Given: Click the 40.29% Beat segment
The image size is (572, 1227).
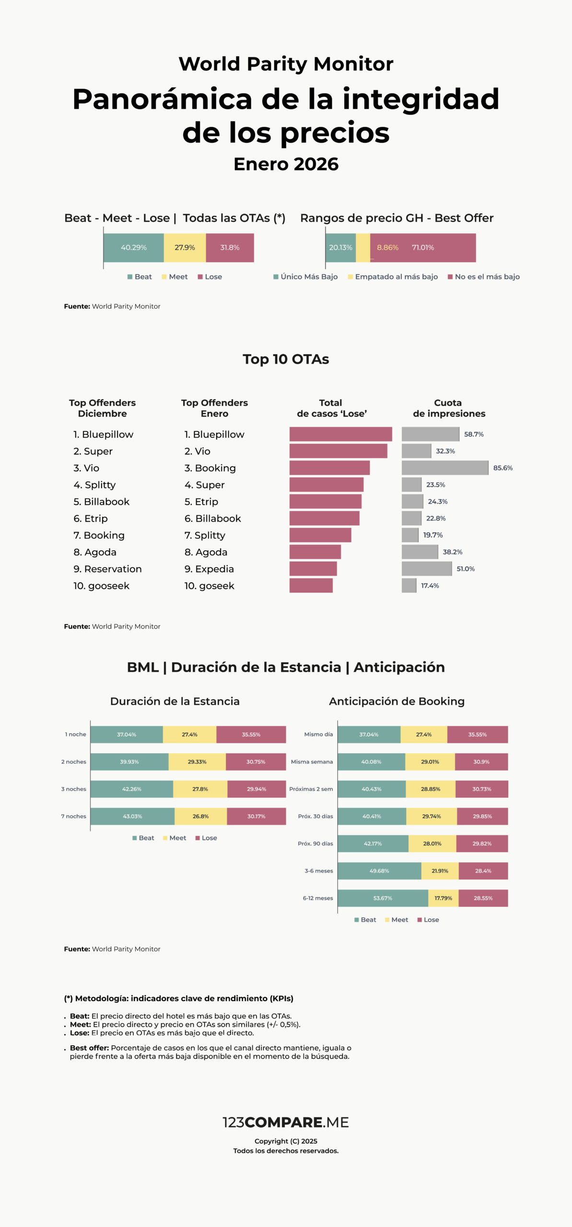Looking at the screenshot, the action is pos(134,248).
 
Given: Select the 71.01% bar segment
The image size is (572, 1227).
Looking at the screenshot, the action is pos(423,248).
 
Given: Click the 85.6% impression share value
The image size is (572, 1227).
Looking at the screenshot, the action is pos(503,468).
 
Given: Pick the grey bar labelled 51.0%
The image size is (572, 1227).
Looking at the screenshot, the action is pos(427,569).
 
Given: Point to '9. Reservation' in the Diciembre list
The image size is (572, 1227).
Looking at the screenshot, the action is pos(107,569).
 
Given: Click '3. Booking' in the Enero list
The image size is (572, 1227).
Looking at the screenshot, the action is pos(210,468).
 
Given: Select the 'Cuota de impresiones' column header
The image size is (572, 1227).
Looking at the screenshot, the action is pos(449,408).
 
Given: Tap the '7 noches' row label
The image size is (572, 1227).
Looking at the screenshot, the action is pos(73,816).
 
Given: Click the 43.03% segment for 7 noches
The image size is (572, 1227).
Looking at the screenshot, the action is pos(132,816).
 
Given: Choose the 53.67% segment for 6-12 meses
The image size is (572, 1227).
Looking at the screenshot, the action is pos(383,898).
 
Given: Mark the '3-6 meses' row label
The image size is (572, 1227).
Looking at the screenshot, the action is pos(319,871).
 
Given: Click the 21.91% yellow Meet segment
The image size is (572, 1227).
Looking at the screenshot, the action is pos(440,871).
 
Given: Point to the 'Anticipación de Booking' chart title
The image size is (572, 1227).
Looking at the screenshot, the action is pos(397,701).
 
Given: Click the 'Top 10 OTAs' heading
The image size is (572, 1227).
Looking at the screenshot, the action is pos(286,359).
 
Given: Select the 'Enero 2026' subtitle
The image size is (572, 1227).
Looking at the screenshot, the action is pos(286,164).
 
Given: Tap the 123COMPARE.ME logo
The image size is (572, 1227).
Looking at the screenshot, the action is pos(286,1122).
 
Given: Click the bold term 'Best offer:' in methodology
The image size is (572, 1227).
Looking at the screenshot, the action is pos(89,1048).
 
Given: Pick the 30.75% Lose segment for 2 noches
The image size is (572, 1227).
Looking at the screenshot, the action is pos(256,762).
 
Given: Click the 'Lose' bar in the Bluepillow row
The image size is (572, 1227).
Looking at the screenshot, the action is pos(340,434).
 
